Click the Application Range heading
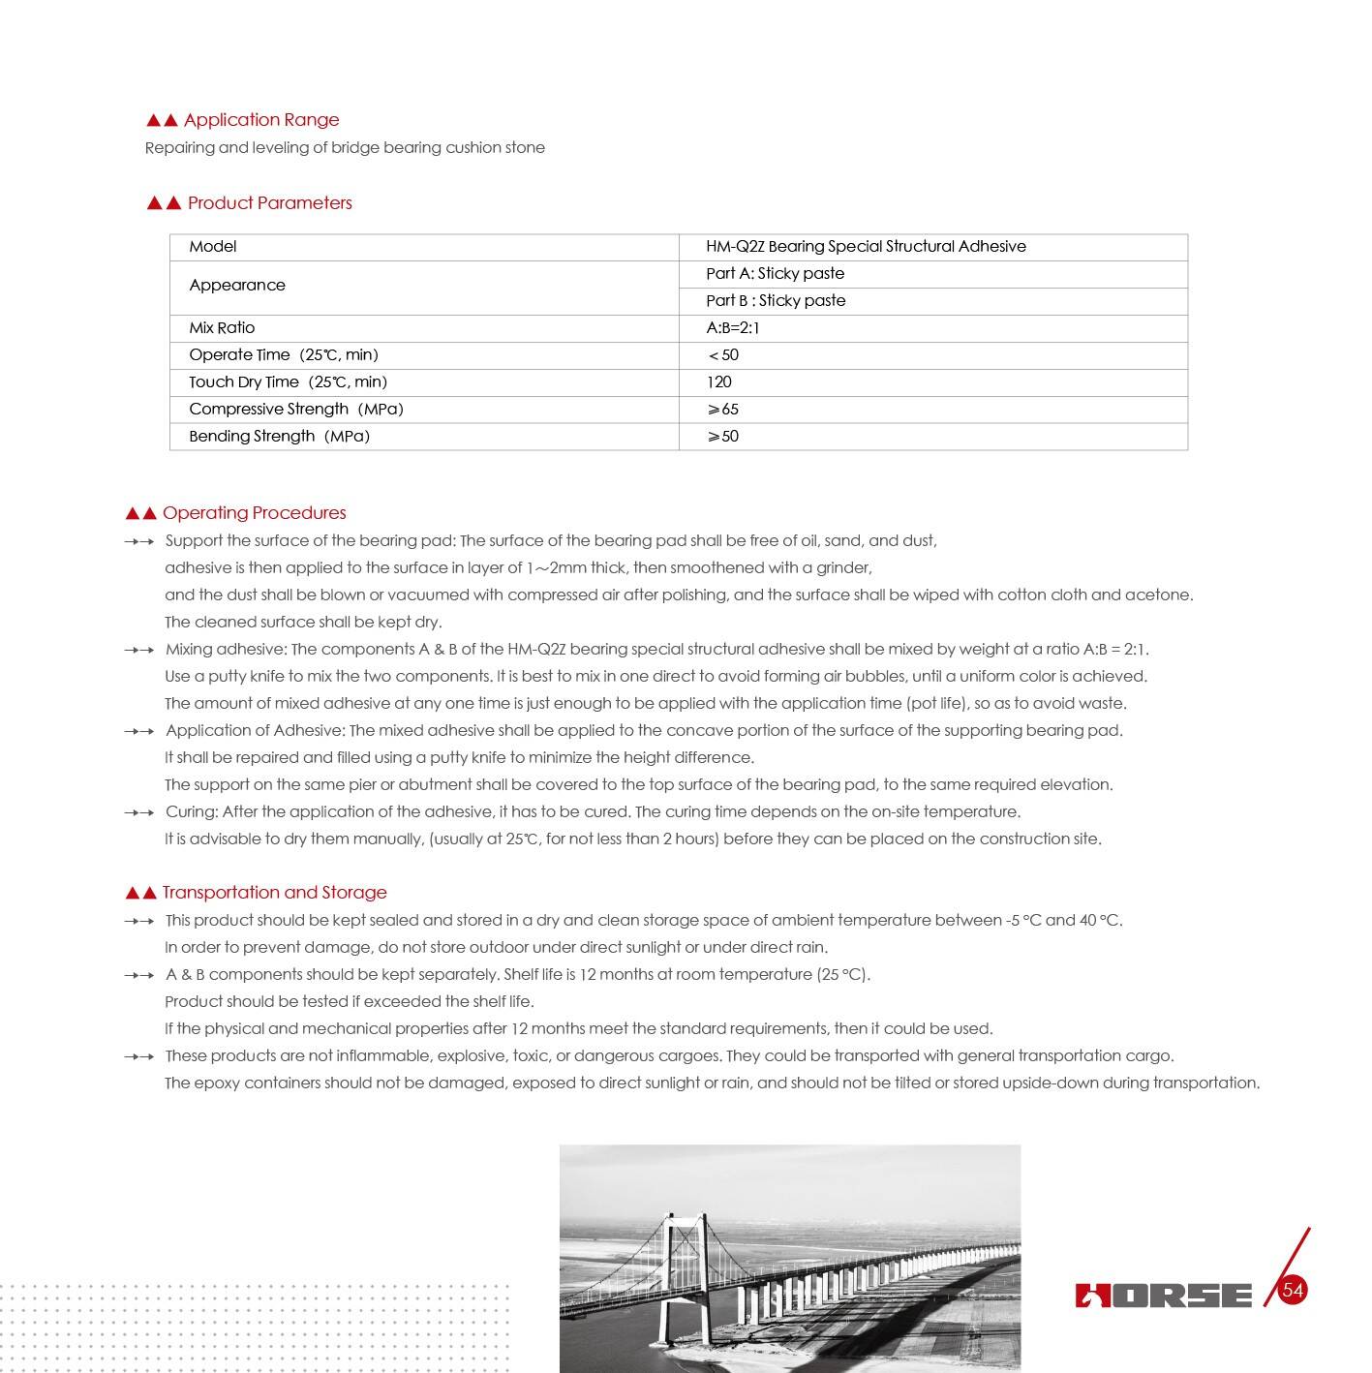[260, 120]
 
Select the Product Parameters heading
[269, 203]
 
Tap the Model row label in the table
[213, 247]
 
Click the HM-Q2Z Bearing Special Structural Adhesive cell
[866, 247]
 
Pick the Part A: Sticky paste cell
[775, 274]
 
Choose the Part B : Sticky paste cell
[776, 301]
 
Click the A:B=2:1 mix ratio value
[733, 328]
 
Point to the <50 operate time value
[723, 355]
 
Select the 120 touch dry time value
[719, 382]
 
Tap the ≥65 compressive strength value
[723, 410]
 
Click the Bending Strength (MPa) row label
[279, 437]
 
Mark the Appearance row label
[237, 286]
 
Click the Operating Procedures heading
[254, 513]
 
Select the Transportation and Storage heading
[274, 893]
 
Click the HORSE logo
[1163, 1295]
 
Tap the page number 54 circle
[1293, 1290]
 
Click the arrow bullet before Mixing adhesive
[139, 650]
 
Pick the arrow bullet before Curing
[139, 812]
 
